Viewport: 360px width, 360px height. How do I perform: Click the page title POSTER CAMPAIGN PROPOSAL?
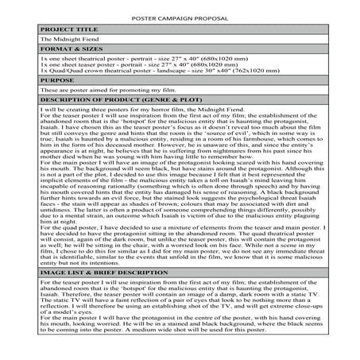[x=180, y=17]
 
